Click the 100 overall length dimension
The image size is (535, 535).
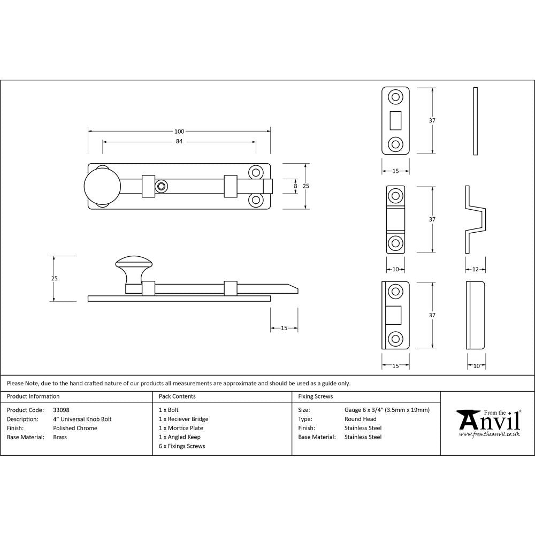(179, 132)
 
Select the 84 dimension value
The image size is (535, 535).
(179, 142)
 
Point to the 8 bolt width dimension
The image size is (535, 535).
(295, 186)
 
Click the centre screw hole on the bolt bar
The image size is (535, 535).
(160, 186)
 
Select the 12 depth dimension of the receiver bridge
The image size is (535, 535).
(475, 269)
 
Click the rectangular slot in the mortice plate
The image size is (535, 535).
(396, 120)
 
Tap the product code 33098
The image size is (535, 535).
(62, 410)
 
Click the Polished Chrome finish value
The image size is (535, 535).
(75, 428)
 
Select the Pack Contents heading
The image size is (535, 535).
(177, 396)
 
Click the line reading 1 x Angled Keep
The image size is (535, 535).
(180, 437)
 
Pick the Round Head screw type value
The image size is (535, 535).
(360, 419)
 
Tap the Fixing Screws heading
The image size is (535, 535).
(315, 396)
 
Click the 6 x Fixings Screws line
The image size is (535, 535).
(182, 446)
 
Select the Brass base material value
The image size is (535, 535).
(60, 437)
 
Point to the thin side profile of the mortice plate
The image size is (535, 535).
(475, 121)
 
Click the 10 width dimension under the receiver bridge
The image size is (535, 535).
(395, 269)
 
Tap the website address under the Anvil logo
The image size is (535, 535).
(489, 434)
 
